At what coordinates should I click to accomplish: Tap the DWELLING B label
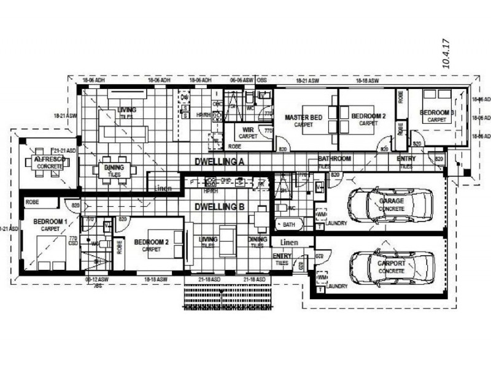coord(220,207)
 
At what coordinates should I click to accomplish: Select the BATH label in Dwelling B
coord(288,225)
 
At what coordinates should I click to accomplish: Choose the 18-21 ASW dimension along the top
coord(307,80)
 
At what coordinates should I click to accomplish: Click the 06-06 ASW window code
coord(242,80)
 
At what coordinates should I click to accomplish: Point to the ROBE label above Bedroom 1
coord(32,201)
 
